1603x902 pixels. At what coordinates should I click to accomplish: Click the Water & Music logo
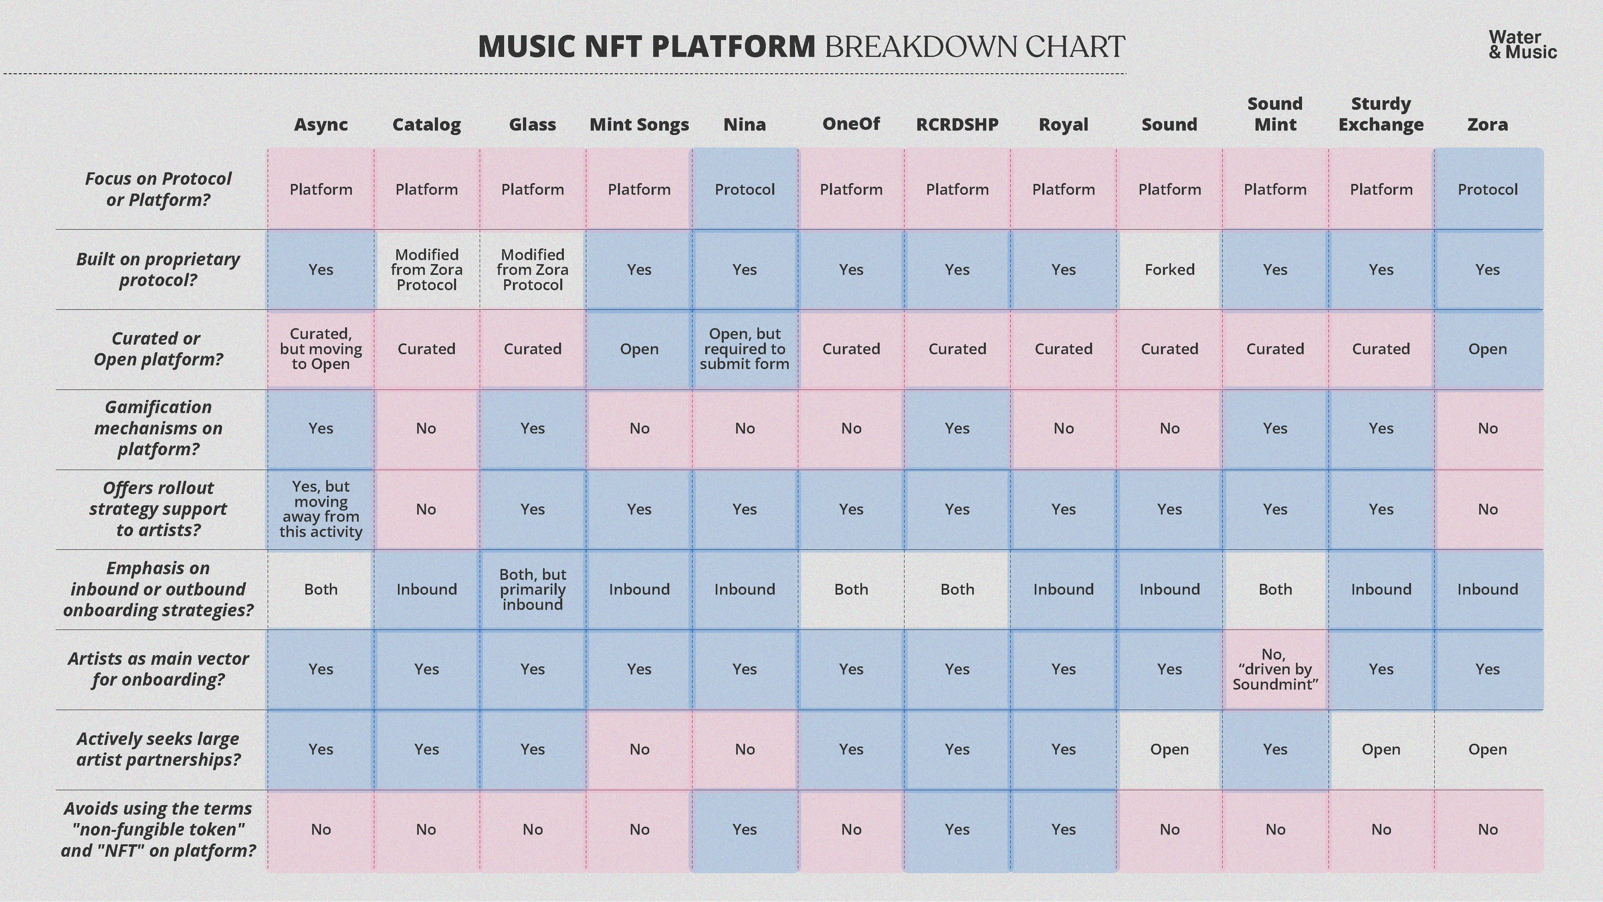point(1523,45)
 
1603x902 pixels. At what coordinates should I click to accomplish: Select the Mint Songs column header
point(639,124)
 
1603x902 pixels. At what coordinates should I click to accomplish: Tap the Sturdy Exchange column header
point(1381,114)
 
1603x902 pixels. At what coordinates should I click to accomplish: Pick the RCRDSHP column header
point(957,124)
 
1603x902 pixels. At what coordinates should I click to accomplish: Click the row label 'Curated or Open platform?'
point(158,349)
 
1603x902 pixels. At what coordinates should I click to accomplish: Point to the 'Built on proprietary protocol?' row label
point(158,269)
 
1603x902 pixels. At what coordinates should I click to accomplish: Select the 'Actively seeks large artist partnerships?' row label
point(158,749)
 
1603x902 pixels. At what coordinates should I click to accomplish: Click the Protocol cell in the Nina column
point(745,189)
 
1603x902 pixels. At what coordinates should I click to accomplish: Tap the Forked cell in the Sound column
point(1169,269)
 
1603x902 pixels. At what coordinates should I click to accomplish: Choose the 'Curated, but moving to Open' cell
point(321,349)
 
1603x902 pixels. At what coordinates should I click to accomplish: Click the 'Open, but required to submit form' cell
point(745,349)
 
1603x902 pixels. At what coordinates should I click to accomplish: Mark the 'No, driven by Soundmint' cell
point(1275,669)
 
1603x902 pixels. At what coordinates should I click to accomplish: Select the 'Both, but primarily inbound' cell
point(533,589)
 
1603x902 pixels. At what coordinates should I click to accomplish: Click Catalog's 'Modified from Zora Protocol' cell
point(427,269)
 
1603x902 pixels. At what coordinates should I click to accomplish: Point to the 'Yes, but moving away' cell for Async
point(321,509)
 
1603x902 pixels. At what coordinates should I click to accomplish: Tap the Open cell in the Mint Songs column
point(639,349)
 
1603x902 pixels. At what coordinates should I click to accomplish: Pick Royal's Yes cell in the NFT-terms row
point(1064,829)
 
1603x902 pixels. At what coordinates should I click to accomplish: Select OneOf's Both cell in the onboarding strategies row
point(851,589)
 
